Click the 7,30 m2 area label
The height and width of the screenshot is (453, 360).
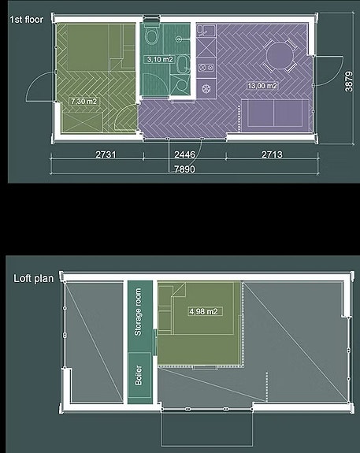tap(84, 102)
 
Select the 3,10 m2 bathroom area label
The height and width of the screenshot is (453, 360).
tap(160, 60)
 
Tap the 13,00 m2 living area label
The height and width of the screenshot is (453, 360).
tap(262, 86)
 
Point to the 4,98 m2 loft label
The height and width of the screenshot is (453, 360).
tap(203, 311)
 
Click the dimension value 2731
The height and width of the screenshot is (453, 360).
tap(106, 154)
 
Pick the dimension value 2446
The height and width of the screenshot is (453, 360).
tap(184, 154)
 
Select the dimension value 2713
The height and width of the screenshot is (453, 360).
tap(272, 154)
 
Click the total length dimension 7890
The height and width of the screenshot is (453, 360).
tap(184, 169)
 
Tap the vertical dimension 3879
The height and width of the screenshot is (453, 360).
tap(349, 82)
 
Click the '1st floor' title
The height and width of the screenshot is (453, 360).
tap(27, 20)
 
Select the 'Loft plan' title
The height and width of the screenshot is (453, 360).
tap(34, 279)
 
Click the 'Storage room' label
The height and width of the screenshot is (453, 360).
tap(138, 312)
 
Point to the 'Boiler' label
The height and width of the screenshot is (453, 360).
tap(139, 375)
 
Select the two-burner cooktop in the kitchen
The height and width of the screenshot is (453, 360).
tap(206, 68)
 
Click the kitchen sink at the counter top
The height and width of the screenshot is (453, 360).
tap(206, 31)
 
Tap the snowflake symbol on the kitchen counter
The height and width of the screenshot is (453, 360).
tap(206, 89)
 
